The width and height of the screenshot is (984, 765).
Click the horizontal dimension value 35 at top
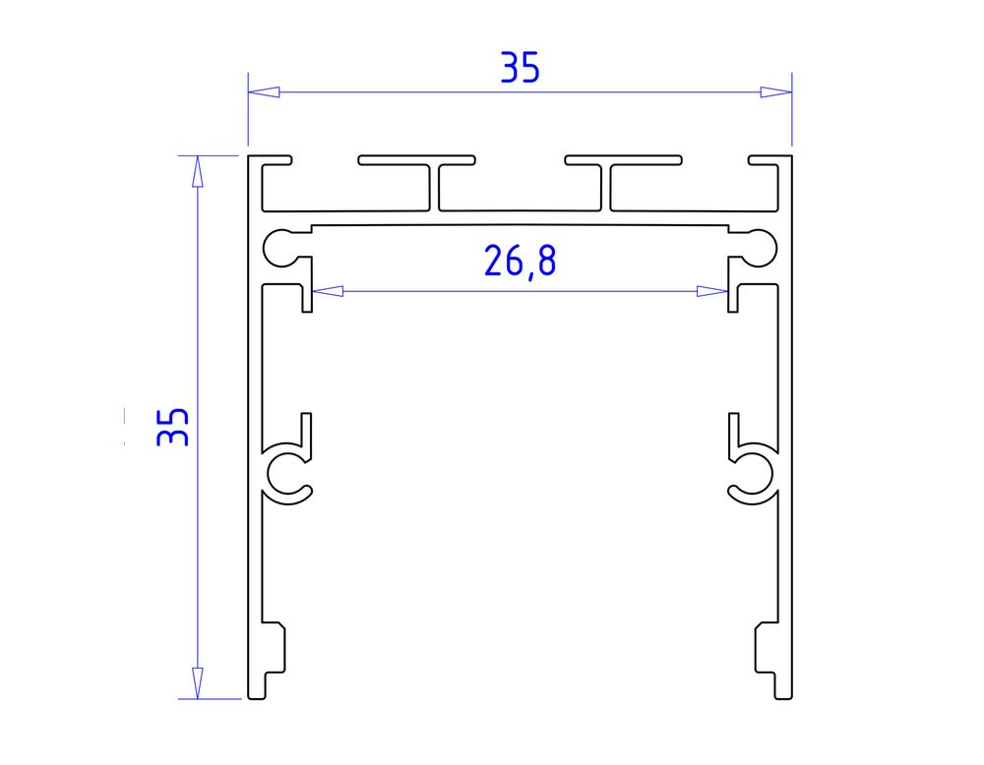tap(521, 68)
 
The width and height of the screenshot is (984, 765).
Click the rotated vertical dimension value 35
tap(173, 427)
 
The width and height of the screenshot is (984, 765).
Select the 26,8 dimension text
tap(520, 262)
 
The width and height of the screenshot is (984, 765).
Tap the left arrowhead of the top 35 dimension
tap(263, 92)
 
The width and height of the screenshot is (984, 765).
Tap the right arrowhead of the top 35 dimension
tap(776, 92)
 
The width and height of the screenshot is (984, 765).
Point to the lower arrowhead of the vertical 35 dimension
tap(197, 683)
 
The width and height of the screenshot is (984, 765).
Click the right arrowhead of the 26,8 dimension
tap(712, 291)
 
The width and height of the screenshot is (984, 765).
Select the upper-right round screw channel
tap(759, 247)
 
